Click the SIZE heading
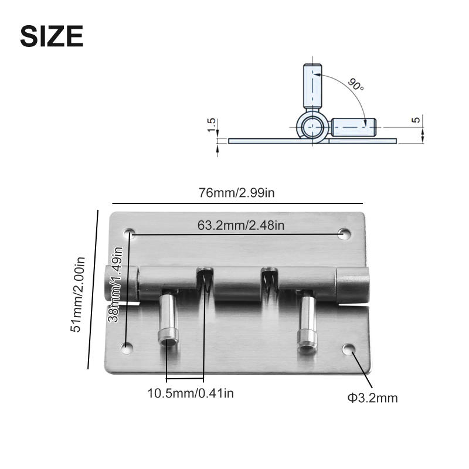point(52,36)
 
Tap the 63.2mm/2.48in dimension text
point(241,225)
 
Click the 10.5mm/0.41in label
point(191,393)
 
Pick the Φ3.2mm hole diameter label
point(372,398)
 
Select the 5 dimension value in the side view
point(416,120)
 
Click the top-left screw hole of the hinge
point(130,233)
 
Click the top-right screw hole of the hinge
point(344,234)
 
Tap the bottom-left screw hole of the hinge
point(127,348)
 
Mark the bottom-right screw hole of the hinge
point(349,350)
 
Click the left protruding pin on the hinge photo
point(168,320)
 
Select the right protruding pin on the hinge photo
point(307,323)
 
